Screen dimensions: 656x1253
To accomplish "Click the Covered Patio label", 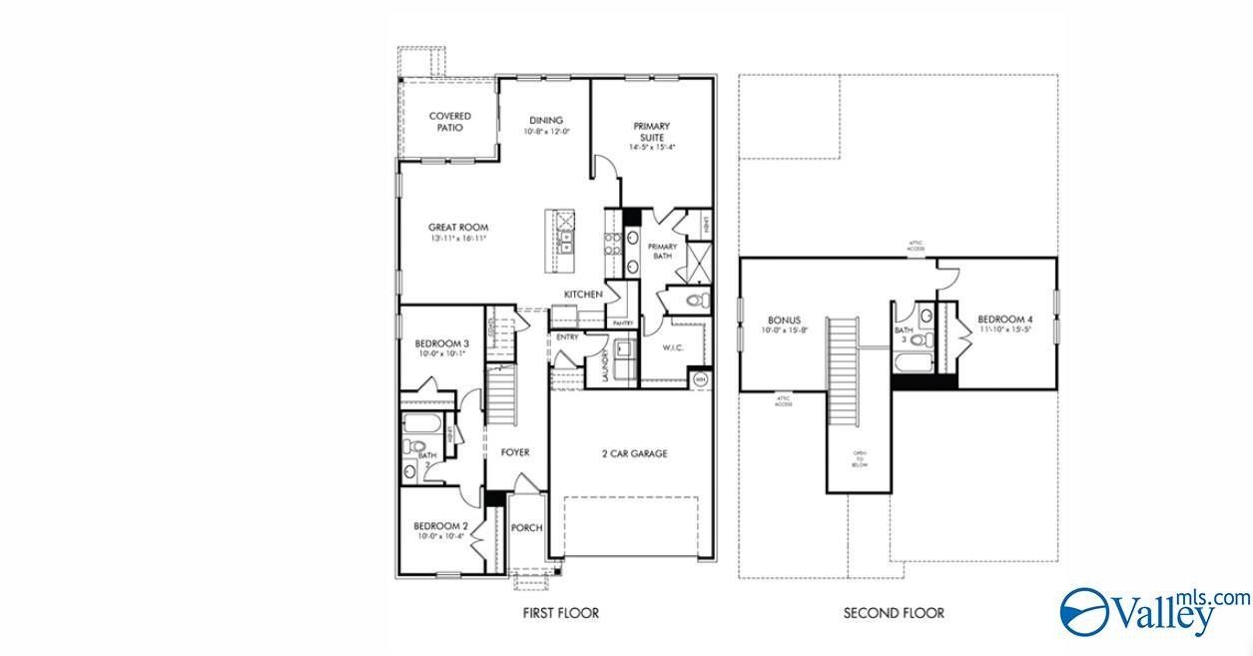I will coord(450,122).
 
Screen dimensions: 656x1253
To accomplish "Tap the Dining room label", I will coord(546,121).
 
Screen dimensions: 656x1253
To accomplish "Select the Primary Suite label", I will coord(651,132).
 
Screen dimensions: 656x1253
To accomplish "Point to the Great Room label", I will coord(458,228).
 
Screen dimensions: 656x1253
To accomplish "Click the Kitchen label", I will coord(583,295).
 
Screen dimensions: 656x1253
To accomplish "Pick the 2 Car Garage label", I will coord(634,453).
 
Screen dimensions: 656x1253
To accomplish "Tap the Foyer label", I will coord(515,452).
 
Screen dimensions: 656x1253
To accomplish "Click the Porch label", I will coord(526,528).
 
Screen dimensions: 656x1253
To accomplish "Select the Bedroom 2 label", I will coord(440,526).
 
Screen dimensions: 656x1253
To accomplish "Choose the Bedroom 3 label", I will coord(441,344).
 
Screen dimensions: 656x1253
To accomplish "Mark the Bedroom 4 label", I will coord(1005,321).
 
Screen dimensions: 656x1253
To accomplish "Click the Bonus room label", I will coord(785,321).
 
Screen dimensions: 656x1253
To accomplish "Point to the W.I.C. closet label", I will coord(672,348).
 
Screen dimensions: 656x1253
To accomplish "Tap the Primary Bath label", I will coord(662,251).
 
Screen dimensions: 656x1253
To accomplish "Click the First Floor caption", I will coord(561,613).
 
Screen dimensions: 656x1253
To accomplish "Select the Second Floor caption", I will coord(894,613).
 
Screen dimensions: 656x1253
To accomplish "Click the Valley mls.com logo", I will coord(1153,608).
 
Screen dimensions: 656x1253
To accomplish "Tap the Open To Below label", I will coord(860,459).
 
